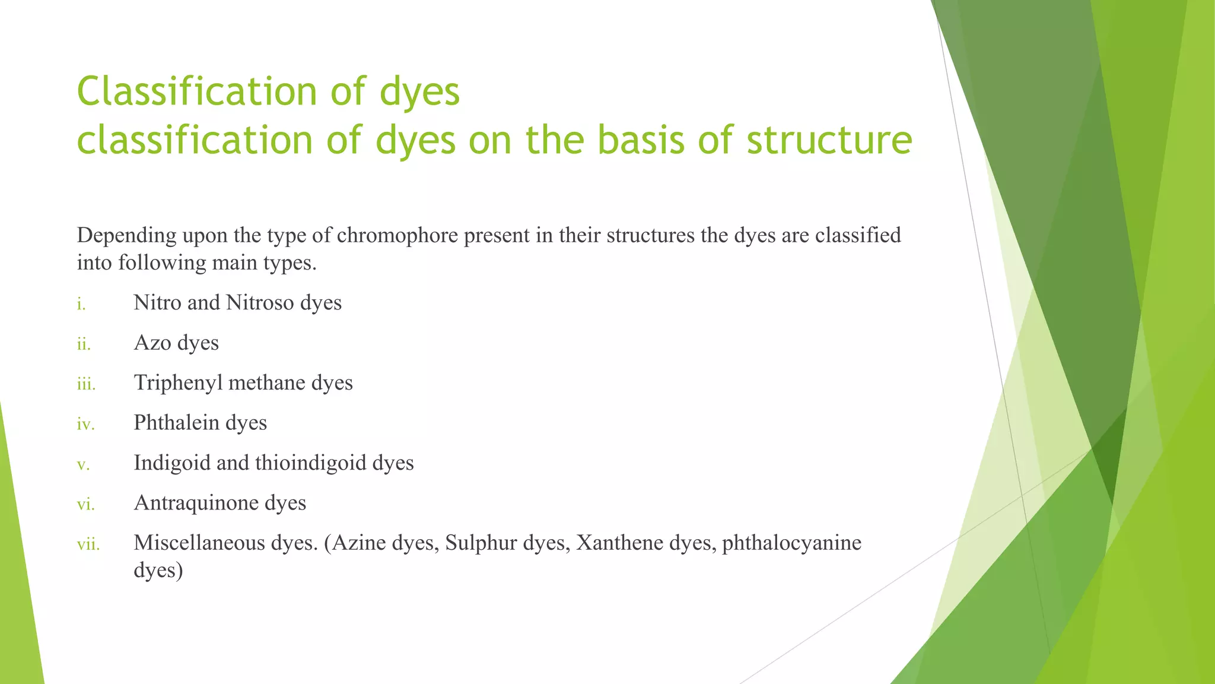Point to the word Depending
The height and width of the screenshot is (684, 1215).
(x=126, y=236)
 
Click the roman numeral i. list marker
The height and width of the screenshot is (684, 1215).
(x=81, y=305)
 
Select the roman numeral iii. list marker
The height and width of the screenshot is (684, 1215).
(x=86, y=384)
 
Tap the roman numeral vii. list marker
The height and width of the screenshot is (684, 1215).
(x=88, y=544)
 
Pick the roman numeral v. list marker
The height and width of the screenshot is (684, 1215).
(x=83, y=465)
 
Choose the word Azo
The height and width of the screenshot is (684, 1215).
(x=152, y=343)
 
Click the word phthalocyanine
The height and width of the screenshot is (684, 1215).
(x=791, y=543)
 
